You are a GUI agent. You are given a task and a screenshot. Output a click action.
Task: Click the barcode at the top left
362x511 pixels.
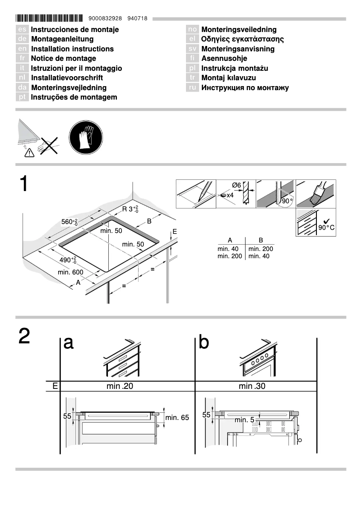click(x=49, y=18)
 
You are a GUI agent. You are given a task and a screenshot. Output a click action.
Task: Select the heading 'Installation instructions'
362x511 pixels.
click(x=72, y=49)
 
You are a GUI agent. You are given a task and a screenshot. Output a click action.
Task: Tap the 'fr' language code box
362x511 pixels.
click(x=22, y=59)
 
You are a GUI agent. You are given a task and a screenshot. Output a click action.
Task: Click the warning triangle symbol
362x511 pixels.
click(x=29, y=153)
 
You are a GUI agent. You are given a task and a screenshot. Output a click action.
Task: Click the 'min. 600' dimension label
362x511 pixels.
click(x=70, y=272)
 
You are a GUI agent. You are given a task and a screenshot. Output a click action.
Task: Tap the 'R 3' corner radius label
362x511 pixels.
click(x=130, y=209)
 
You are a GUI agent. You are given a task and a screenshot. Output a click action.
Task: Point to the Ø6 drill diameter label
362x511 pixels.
click(x=237, y=185)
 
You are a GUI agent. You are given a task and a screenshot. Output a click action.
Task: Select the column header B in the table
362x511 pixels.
click(x=260, y=241)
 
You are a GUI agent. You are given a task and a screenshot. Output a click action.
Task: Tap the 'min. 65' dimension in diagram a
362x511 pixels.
click(x=177, y=418)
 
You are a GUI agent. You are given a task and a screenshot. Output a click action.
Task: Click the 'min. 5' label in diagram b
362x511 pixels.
click(x=244, y=420)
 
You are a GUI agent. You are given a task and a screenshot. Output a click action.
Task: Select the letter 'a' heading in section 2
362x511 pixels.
click(x=68, y=342)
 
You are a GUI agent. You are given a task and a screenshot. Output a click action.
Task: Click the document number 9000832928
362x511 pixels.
click(x=106, y=18)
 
